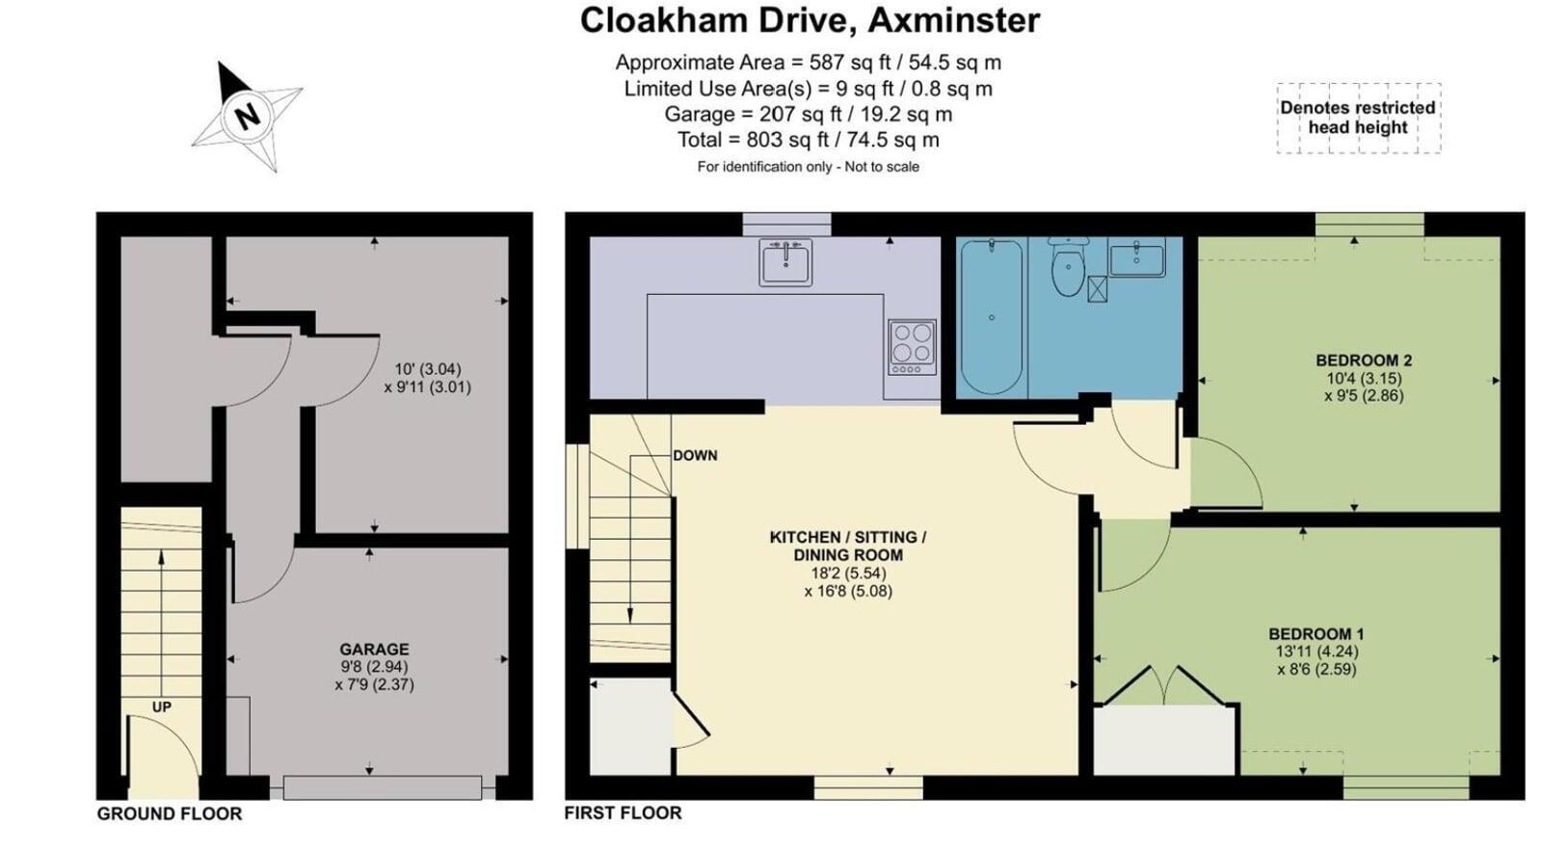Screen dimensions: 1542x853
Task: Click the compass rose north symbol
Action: [x=247, y=117]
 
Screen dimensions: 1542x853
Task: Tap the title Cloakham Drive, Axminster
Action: [x=810, y=20]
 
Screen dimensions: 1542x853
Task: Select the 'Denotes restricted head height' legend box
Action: [x=1358, y=118]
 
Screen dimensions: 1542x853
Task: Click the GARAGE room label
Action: [x=374, y=649]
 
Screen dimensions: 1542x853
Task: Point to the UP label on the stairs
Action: [x=162, y=707]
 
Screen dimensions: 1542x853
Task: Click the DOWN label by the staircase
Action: [x=695, y=455]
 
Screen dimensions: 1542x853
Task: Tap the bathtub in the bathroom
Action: [x=992, y=317]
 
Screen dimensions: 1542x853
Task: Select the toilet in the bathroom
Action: [x=1068, y=266]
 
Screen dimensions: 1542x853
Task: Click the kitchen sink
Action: [x=785, y=261]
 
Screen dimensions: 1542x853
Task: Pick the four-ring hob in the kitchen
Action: [x=912, y=347]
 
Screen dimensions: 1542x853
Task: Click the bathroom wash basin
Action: [x=1136, y=257]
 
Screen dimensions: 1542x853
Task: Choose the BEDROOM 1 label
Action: [x=1316, y=633]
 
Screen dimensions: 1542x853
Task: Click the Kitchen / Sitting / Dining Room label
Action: [x=848, y=546]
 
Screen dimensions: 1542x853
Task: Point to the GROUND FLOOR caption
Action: [x=170, y=813]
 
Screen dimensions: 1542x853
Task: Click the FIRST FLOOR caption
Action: [x=623, y=813]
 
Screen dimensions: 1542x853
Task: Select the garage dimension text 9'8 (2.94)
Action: [x=375, y=666]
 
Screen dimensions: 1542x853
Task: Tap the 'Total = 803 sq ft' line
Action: [x=809, y=140]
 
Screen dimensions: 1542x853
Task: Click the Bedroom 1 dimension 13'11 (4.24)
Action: [x=1316, y=652]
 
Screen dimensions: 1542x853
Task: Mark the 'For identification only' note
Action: [x=809, y=167]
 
